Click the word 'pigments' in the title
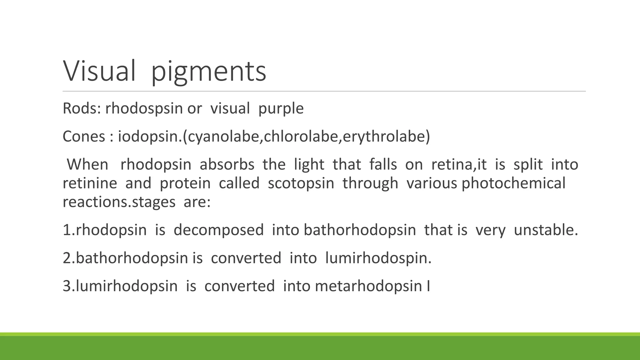point(208,72)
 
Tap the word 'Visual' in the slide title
point(99,71)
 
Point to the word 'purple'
point(281,109)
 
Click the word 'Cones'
point(84,137)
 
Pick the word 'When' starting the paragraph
point(87,165)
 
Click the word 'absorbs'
point(227,165)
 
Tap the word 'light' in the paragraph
point(309,165)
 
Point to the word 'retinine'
point(90,183)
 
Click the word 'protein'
point(185,183)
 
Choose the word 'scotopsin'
point(301,183)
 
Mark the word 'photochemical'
point(513,183)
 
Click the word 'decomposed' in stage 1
point(219,230)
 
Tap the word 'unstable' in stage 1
point(546,230)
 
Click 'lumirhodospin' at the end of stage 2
point(378,258)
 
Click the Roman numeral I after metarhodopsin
point(428,287)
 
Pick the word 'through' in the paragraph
point(370,183)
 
